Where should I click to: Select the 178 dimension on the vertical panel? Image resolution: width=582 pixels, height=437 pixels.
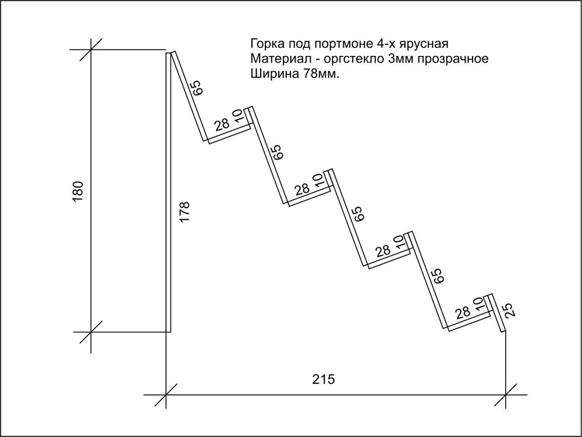pyautogui.click(x=184, y=212)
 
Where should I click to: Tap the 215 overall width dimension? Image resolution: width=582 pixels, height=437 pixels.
pyautogui.click(x=323, y=379)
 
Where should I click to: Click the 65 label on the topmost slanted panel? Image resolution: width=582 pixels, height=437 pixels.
pyautogui.click(x=196, y=88)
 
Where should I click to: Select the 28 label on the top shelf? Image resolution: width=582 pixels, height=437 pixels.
pyautogui.click(x=222, y=125)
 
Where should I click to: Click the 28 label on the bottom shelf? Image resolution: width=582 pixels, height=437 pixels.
pyautogui.click(x=463, y=312)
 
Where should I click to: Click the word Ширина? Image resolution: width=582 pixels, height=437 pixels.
pyautogui.click(x=275, y=75)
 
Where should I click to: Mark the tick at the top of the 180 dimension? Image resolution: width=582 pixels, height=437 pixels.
pyautogui.click(x=91, y=49)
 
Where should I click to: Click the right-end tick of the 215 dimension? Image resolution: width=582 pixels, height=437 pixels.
pyautogui.click(x=506, y=394)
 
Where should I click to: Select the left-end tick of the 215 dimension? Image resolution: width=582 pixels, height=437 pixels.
pyautogui.click(x=165, y=394)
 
